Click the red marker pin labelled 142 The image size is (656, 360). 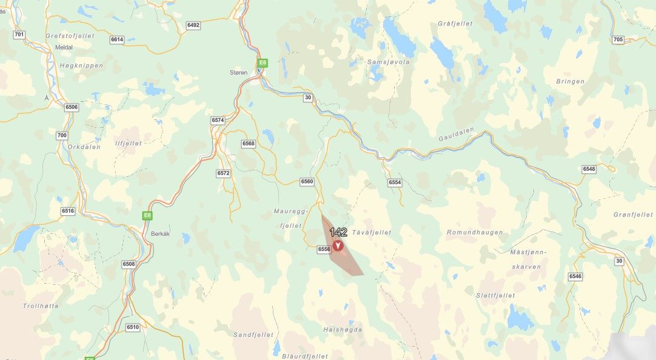338,245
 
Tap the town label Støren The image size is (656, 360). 239,72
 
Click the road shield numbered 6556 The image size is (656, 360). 324,249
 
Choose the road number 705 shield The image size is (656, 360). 618,39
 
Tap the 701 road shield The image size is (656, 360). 19,35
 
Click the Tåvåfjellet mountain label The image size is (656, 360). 372,232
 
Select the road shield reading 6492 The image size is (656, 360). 193,25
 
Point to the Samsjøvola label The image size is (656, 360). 389,62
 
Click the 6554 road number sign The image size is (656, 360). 395,182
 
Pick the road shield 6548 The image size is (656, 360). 589,168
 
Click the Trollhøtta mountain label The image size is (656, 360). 41,305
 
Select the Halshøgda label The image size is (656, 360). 343,329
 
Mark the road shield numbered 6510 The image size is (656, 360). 133,327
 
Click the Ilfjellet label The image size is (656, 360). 128,143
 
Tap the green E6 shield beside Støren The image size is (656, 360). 263,62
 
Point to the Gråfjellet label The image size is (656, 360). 455,23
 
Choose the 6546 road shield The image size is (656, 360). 575,276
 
